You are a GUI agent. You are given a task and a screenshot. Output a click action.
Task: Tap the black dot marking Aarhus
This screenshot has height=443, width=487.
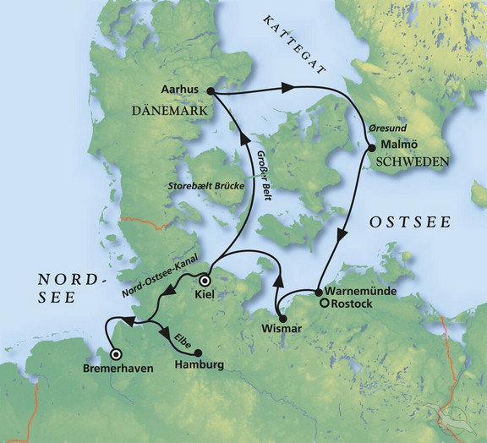point(209,90)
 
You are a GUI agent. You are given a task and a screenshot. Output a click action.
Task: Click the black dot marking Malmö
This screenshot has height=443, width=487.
point(370,149)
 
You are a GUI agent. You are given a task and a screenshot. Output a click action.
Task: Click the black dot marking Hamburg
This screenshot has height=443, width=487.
point(197,353)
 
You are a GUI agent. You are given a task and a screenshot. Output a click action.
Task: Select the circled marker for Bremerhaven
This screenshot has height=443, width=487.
point(116,355)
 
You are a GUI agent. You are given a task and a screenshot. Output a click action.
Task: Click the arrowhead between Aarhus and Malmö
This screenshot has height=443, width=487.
point(287,87)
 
